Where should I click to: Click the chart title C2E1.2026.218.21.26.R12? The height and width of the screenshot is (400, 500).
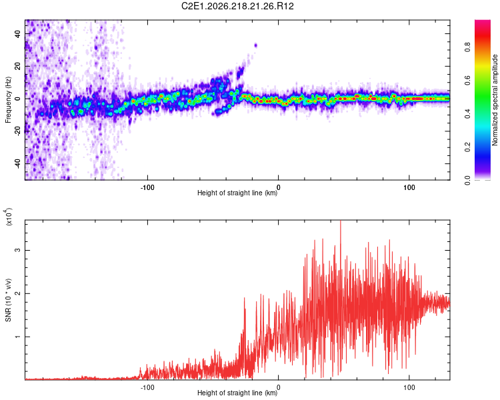tap(237, 6)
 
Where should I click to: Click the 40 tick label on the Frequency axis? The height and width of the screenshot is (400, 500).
tap(18, 33)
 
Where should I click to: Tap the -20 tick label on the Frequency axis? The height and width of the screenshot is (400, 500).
tap(18, 131)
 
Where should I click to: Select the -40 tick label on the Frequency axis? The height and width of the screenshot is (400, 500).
tap(18, 163)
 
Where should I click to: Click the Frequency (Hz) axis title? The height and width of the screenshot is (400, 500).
tap(8, 99)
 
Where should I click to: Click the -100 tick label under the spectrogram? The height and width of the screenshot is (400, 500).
tap(147, 187)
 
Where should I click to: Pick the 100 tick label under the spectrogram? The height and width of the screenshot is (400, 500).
tap(409, 187)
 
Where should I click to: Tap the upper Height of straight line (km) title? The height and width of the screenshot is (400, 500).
tap(237, 193)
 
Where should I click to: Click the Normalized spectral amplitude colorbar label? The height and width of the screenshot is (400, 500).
tap(495, 100)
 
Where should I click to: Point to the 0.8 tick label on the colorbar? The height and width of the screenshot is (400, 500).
tap(467, 47)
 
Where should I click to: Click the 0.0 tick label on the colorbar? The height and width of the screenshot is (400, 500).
tap(467, 180)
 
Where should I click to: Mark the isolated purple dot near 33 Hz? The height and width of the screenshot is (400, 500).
tap(255, 45)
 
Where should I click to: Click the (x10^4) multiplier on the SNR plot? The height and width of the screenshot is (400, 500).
tap(9, 217)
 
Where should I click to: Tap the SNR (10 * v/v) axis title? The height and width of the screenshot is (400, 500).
tap(8, 300)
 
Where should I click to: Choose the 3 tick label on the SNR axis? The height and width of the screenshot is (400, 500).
tap(18, 250)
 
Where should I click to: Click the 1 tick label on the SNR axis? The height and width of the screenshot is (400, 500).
tap(18, 337)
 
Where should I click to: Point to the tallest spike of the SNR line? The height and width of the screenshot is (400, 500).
tap(341, 221)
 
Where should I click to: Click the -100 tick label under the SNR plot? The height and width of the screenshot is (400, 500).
tap(147, 387)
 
